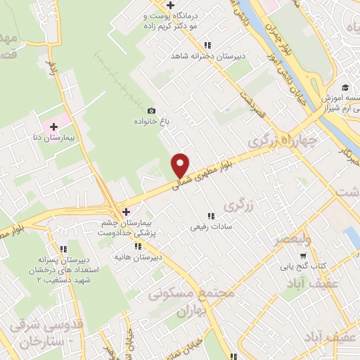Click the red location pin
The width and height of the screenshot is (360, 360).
coord(181,165)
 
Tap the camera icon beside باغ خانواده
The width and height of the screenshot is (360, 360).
coord(151,110)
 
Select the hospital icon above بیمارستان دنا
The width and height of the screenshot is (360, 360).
coord(53,126)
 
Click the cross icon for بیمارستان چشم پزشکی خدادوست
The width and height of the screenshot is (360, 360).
coord(126,211)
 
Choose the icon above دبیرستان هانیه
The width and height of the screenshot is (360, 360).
coord(139,246)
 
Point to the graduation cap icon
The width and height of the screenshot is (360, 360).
coord(345,87)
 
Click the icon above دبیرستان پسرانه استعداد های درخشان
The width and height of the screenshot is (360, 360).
coord(63,248)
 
